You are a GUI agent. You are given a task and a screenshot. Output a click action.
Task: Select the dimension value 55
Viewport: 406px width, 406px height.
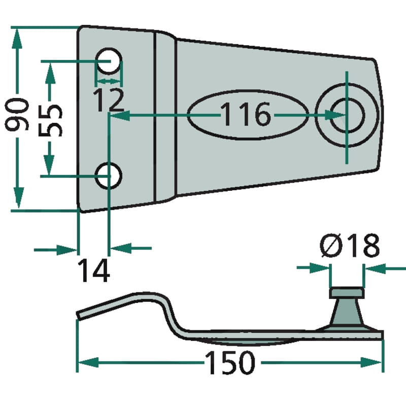point(51,121)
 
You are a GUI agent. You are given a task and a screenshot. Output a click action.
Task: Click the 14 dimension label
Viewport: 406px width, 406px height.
point(94,270)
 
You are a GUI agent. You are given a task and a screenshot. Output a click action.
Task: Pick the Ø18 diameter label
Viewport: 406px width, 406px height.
point(350,247)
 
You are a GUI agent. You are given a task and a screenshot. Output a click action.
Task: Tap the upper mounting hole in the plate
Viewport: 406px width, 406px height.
point(109,61)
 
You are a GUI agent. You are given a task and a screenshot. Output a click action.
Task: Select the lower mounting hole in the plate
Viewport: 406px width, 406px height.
point(109,176)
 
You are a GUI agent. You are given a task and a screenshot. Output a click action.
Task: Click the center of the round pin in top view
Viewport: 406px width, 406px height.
point(347,116)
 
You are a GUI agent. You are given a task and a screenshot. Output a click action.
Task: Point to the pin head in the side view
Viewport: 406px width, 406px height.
point(347,293)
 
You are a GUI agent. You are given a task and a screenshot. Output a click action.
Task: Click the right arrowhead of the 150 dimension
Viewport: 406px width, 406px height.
point(374,363)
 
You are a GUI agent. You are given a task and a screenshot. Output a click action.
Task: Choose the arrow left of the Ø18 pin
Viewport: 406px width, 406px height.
point(322,267)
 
